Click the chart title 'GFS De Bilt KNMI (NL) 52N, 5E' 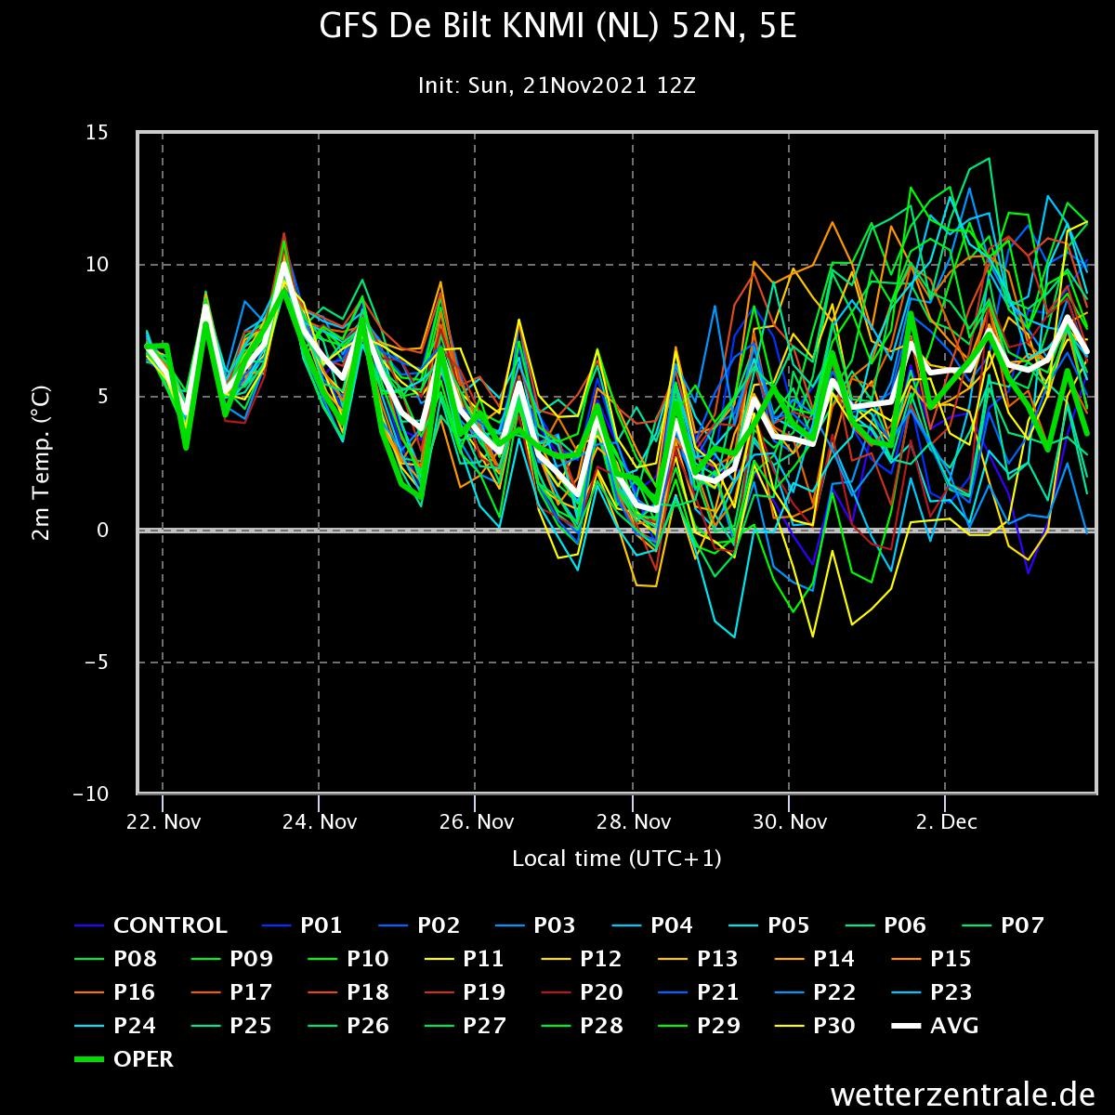(x=557, y=27)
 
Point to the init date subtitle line (x=557, y=85)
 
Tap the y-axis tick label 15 (x=97, y=133)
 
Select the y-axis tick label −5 (x=96, y=662)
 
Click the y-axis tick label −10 (x=90, y=794)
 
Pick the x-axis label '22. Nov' (x=164, y=821)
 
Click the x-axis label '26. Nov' (x=477, y=821)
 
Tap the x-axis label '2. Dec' (x=946, y=821)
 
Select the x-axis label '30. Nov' (x=789, y=821)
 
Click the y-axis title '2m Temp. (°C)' (x=42, y=463)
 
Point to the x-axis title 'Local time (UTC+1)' (x=617, y=859)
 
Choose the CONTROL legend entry (x=151, y=925)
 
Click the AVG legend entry (x=935, y=1026)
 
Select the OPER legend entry (x=124, y=1059)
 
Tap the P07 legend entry (x=1003, y=925)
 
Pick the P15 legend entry (x=931, y=959)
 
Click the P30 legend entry (x=815, y=1026)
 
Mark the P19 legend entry (x=466, y=992)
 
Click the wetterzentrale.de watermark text (x=963, y=1095)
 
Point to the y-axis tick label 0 (x=102, y=530)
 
